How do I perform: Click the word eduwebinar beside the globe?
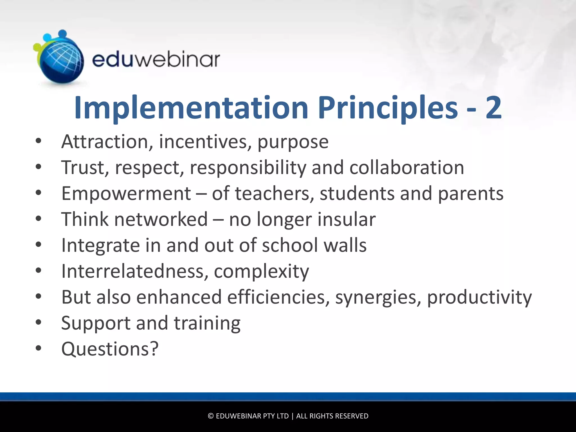pos(156,60)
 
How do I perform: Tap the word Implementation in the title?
pos(191,108)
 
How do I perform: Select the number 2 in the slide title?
pos(493,107)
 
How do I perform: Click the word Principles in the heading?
pos(388,108)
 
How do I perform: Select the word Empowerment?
pos(126,193)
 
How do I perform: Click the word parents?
pos(471,194)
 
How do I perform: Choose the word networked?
pos(161,219)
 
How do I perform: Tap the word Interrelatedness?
pos(135,271)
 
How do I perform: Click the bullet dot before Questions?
pos(39,348)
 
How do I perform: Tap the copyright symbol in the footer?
pos(211,416)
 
